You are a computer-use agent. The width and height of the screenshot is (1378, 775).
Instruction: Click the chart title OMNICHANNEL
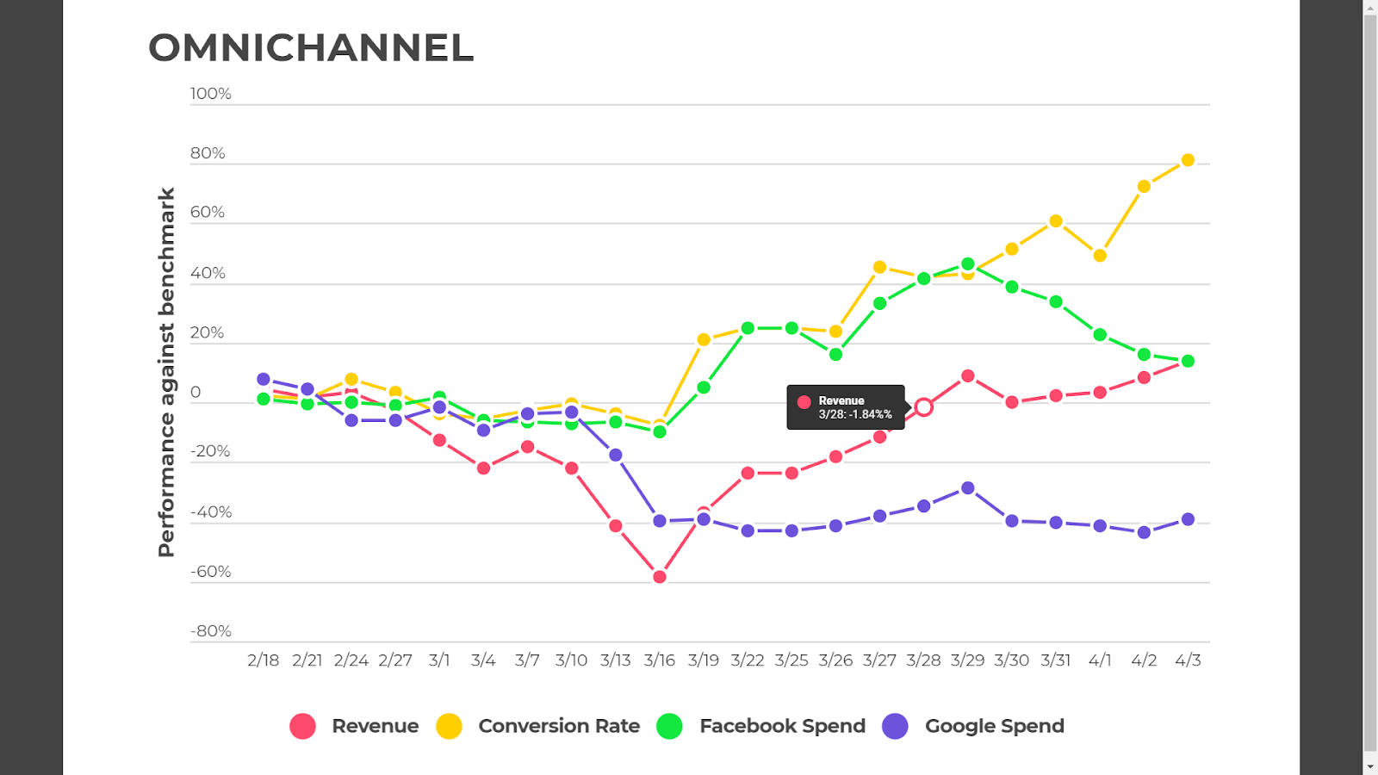click(x=311, y=48)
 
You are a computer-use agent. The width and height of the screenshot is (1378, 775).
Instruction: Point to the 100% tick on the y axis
click(x=210, y=94)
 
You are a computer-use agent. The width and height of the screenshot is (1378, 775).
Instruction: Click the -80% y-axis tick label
click(x=210, y=631)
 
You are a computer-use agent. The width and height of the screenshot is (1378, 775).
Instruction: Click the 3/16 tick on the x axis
click(x=659, y=660)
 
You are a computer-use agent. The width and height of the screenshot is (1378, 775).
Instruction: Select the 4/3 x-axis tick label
click(x=1188, y=660)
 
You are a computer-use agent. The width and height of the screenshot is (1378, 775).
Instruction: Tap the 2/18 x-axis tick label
click(x=263, y=660)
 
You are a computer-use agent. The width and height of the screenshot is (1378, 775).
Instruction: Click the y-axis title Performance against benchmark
click(x=166, y=372)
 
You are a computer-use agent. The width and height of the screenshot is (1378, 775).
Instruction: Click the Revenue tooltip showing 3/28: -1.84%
click(x=845, y=407)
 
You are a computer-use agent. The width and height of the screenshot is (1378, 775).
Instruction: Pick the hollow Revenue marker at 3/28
click(x=923, y=407)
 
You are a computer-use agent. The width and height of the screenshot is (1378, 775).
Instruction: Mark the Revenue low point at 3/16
click(x=660, y=577)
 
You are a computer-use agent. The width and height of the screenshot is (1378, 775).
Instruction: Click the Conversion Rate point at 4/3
click(x=1188, y=160)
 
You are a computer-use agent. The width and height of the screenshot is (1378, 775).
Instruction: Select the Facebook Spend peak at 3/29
click(x=968, y=264)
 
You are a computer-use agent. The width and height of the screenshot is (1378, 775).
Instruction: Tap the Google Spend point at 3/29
click(x=968, y=488)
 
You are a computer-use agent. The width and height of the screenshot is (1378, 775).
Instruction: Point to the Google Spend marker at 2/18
click(x=264, y=380)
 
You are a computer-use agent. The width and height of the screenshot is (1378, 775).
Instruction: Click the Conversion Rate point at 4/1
click(x=1100, y=256)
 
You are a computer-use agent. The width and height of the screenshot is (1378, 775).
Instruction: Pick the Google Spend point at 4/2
click(x=1144, y=533)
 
